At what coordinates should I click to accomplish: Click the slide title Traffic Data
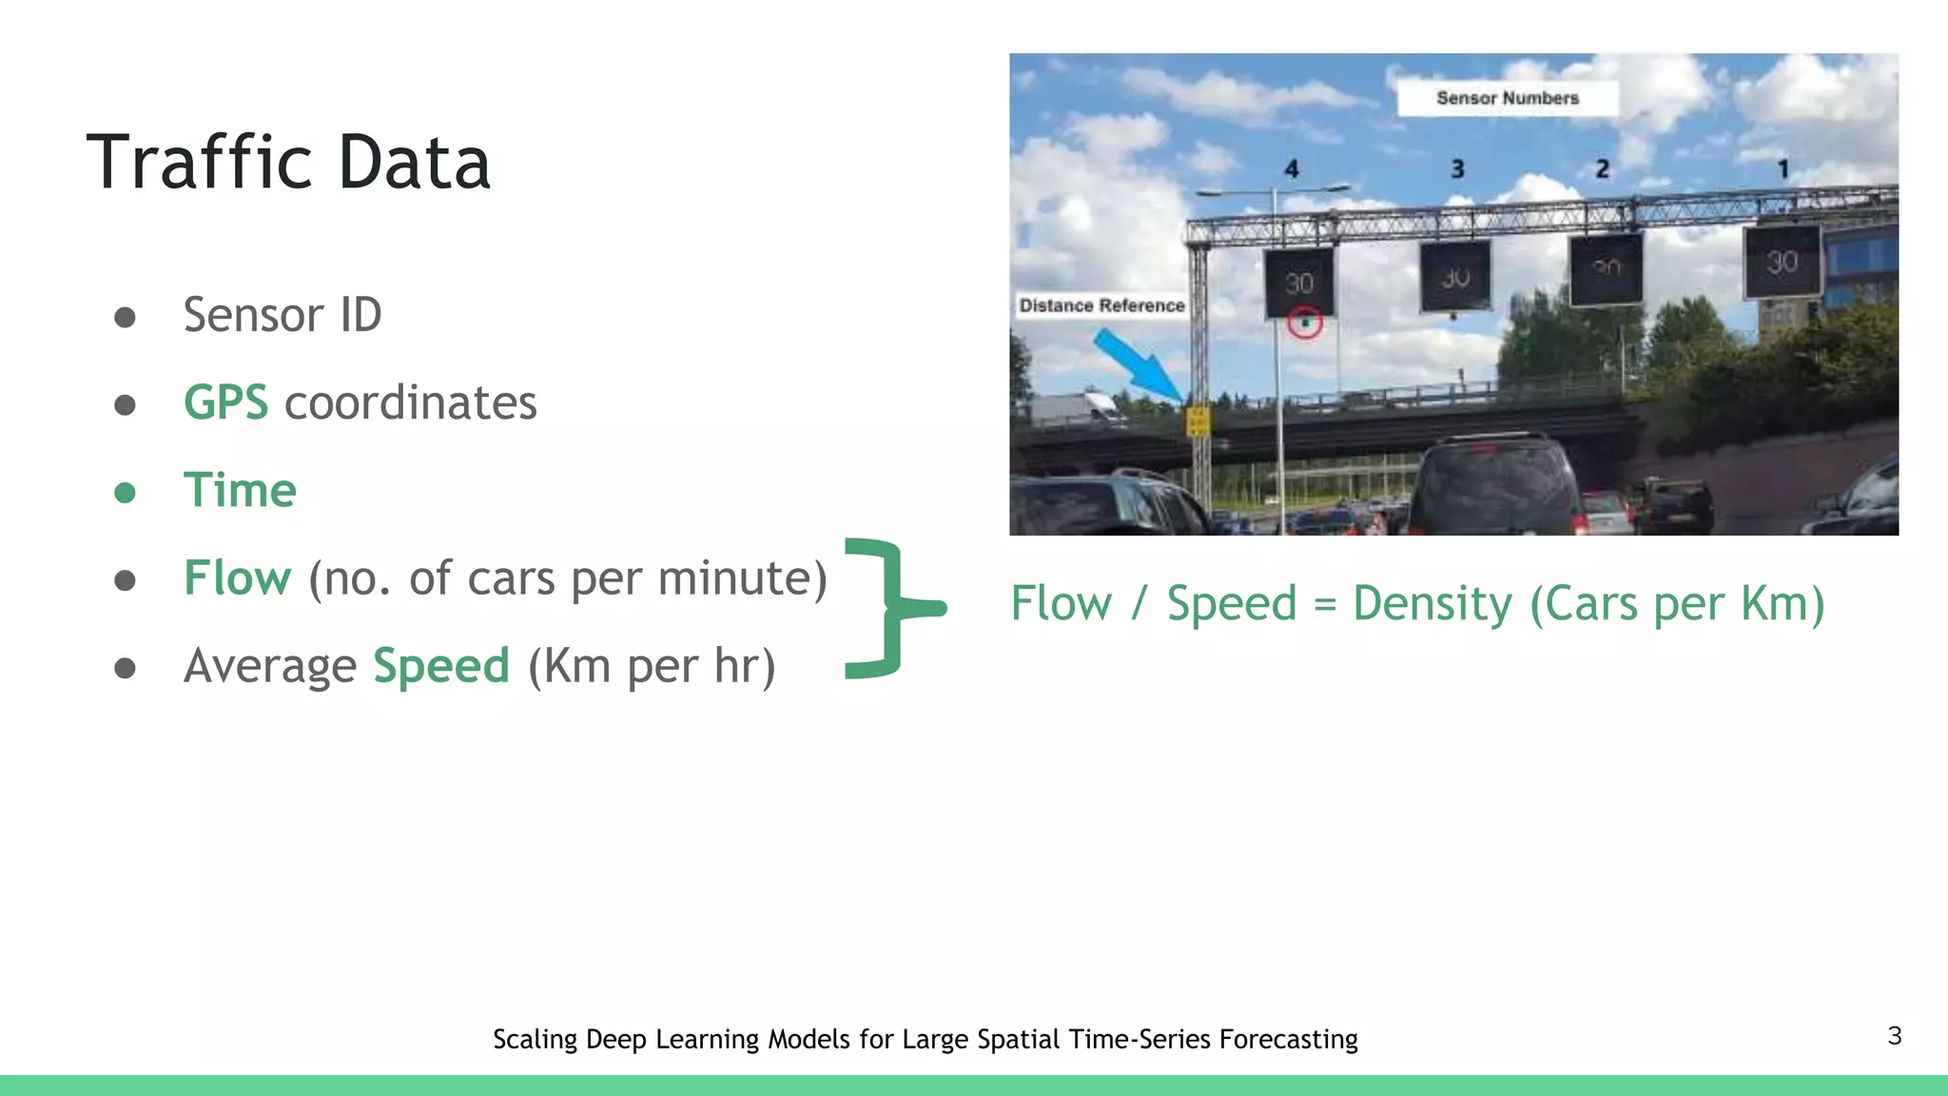pyautogui.click(x=288, y=163)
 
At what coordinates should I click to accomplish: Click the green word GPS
pyautogui.click(x=225, y=402)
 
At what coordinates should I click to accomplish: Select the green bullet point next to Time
pyautogui.click(x=125, y=492)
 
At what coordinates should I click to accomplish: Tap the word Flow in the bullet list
pyautogui.click(x=237, y=577)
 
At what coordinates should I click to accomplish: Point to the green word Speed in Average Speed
pyautogui.click(x=441, y=665)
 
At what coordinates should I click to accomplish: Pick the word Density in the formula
pyautogui.click(x=1432, y=604)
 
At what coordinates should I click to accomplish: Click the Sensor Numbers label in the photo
pyautogui.click(x=1507, y=98)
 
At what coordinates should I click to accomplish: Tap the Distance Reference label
pyautogui.click(x=1101, y=305)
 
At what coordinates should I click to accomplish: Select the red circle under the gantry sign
pyautogui.click(x=1305, y=323)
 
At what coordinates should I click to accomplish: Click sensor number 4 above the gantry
pyautogui.click(x=1291, y=169)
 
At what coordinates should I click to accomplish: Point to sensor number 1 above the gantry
pyautogui.click(x=1782, y=169)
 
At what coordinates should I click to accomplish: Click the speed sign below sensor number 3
pyautogui.click(x=1454, y=277)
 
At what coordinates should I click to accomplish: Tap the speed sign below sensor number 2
pyautogui.click(x=1606, y=270)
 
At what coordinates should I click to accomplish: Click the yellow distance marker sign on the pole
pyautogui.click(x=1198, y=421)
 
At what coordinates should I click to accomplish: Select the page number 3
pyautogui.click(x=1894, y=1036)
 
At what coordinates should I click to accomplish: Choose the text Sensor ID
pyautogui.click(x=282, y=315)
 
